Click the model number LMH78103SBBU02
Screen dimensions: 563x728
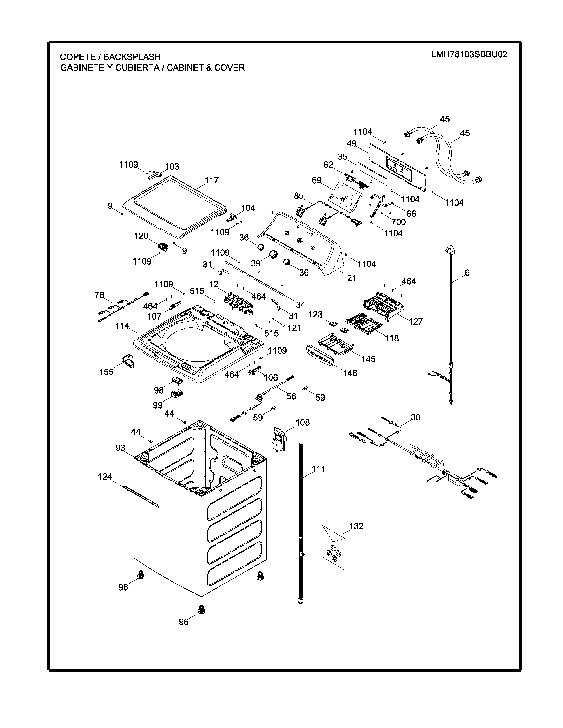click(469, 54)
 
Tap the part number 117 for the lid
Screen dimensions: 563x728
click(212, 180)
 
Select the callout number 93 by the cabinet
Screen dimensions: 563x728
click(120, 448)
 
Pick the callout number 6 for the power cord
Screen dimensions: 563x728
click(467, 273)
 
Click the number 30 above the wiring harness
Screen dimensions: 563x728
click(415, 417)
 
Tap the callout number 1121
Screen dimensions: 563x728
click(292, 328)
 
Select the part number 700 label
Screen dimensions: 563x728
click(398, 222)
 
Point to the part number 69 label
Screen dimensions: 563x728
click(317, 180)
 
